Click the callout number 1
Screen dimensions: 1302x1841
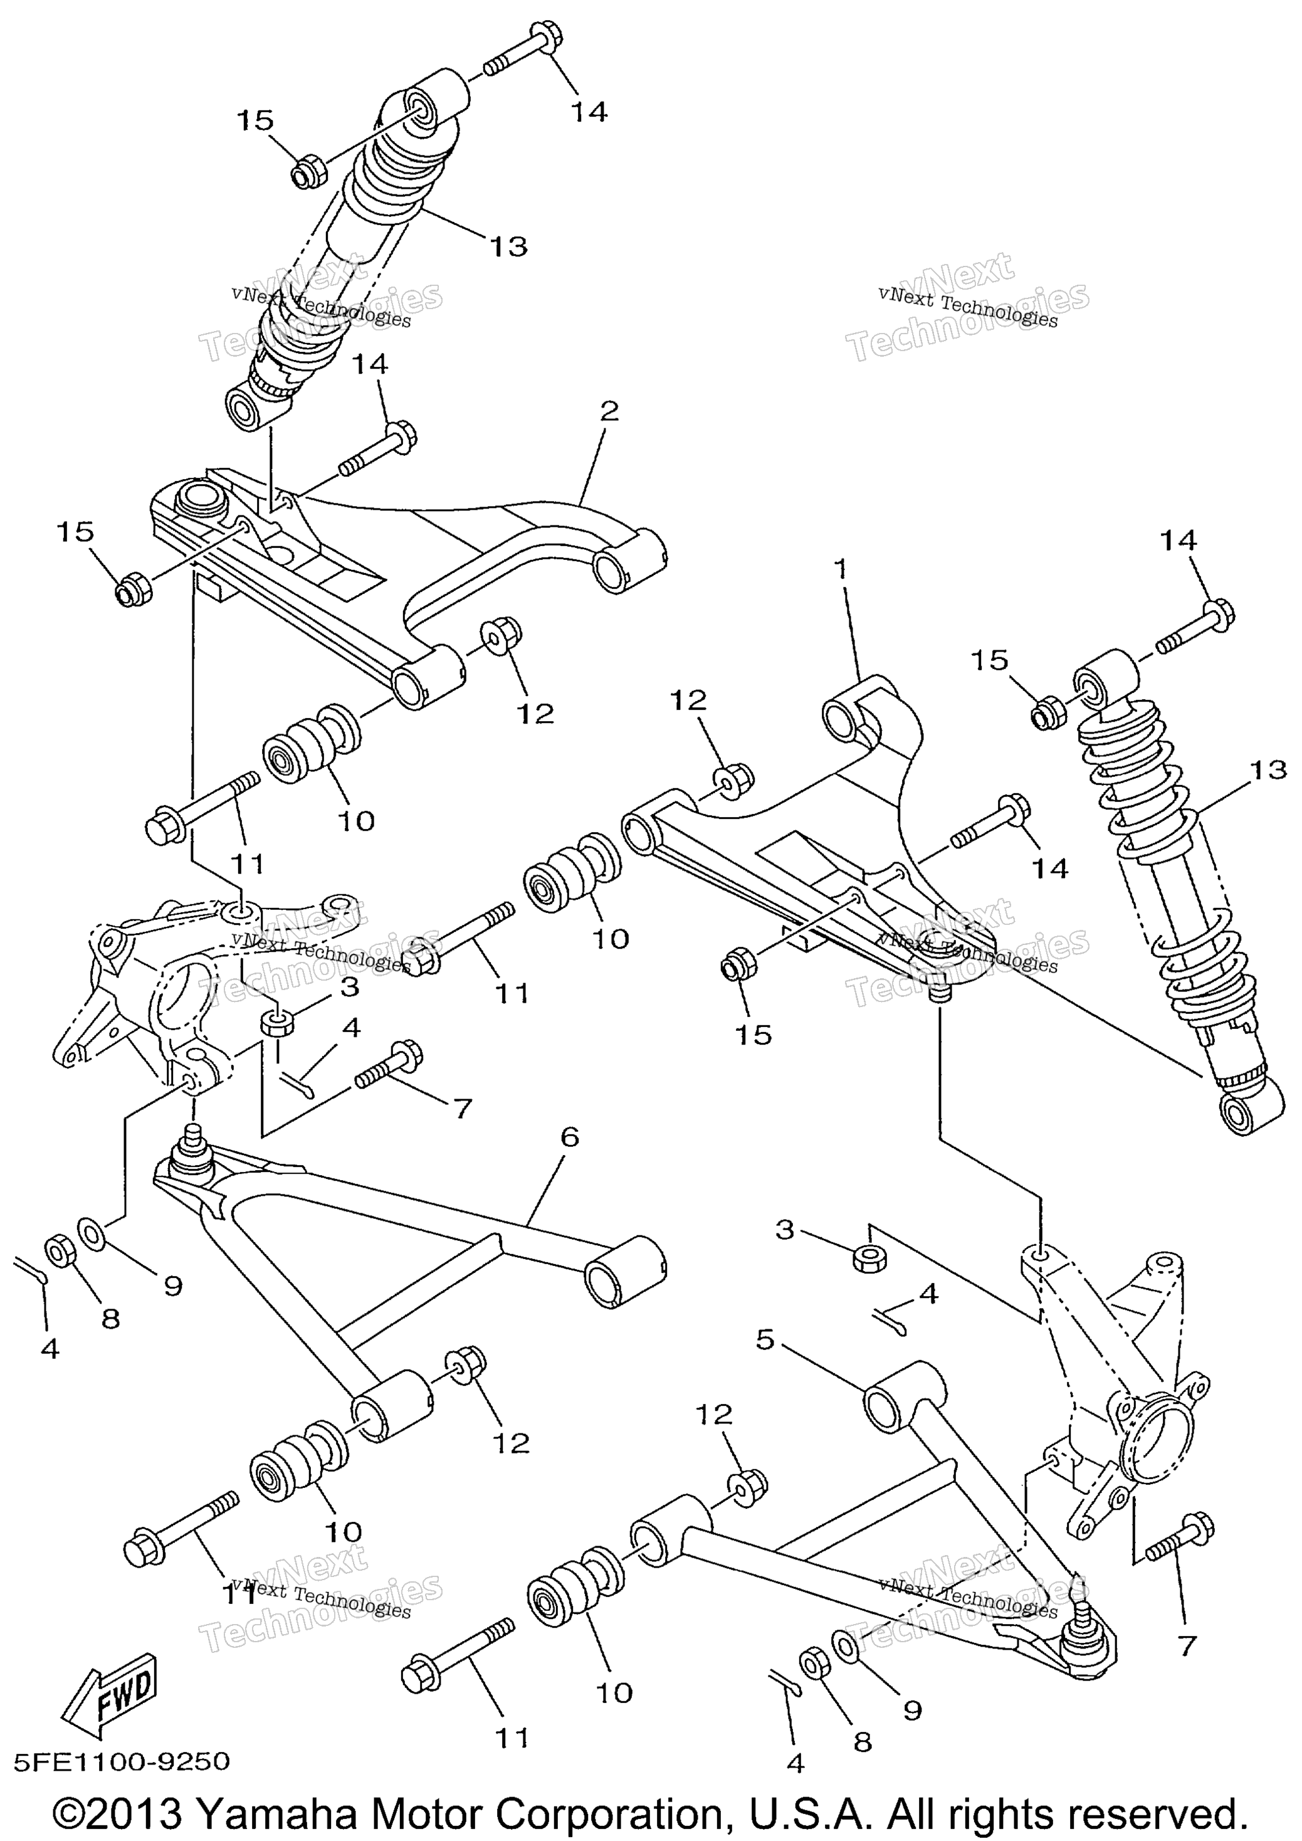tap(839, 569)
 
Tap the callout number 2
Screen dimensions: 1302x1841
tap(609, 411)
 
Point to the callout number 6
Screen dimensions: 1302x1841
tap(569, 1136)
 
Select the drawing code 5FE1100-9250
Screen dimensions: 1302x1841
tap(122, 1761)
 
